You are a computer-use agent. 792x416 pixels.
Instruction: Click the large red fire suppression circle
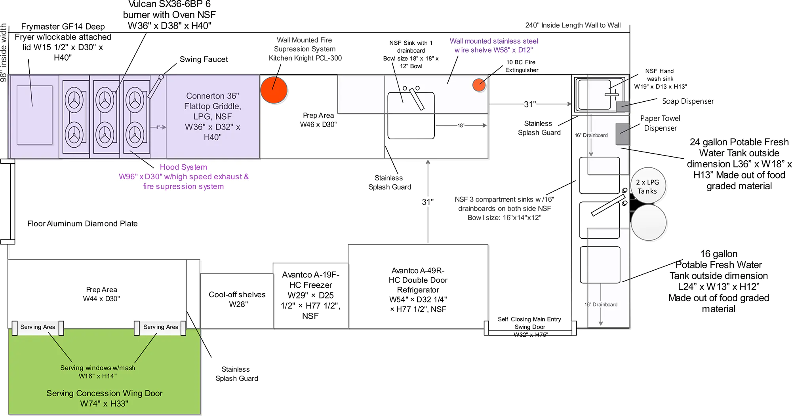(x=274, y=90)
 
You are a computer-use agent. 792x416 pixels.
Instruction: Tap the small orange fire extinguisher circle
(x=479, y=85)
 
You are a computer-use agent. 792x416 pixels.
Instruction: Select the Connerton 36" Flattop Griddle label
(x=213, y=116)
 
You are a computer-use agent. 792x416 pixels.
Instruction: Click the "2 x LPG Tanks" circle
(x=648, y=186)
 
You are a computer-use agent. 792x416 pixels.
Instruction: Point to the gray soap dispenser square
(x=622, y=107)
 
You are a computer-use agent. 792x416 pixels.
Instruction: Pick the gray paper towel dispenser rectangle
(x=622, y=134)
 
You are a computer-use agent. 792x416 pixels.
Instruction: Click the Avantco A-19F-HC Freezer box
(x=310, y=295)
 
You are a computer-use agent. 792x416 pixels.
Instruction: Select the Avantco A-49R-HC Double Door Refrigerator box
(x=418, y=290)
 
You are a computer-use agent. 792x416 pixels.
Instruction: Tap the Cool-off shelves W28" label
(x=237, y=299)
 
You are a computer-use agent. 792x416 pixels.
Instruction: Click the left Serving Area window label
(x=38, y=327)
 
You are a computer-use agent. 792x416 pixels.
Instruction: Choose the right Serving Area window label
(x=161, y=327)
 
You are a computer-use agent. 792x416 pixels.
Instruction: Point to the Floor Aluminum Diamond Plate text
(x=82, y=224)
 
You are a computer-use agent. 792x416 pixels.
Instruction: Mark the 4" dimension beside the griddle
(x=158, y=127)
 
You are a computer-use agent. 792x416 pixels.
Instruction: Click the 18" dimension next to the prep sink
(x=461, y=125)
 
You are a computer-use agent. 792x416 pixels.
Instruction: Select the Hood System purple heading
(x=183, y=167)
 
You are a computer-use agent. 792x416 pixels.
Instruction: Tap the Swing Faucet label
(x=204, y=59)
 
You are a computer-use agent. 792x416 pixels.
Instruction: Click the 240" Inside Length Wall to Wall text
(x=573, y=25)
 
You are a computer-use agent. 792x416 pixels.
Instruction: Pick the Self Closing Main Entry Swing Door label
(x=529, y=323)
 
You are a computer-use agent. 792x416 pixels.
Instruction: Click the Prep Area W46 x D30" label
(x=318, y=120)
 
